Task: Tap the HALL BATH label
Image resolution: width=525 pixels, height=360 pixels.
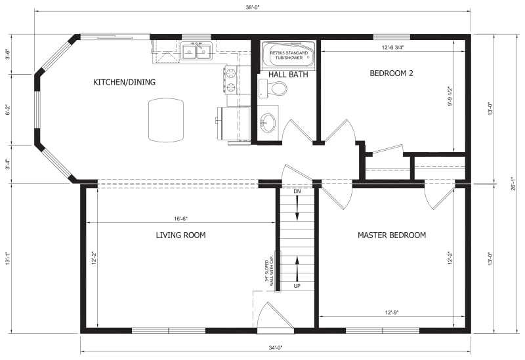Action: coord(285,73)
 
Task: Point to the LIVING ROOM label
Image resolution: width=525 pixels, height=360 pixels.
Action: coord(181,235)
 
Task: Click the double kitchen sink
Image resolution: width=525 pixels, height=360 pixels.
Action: coord(196,50)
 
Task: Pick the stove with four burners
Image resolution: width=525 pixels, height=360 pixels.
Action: coord(232,81)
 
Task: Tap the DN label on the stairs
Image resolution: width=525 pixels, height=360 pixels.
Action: coord(297,191)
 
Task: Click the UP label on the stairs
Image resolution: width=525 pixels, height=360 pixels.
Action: coord(297,286)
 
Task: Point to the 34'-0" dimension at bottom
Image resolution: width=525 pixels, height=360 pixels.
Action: coord(275,348)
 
